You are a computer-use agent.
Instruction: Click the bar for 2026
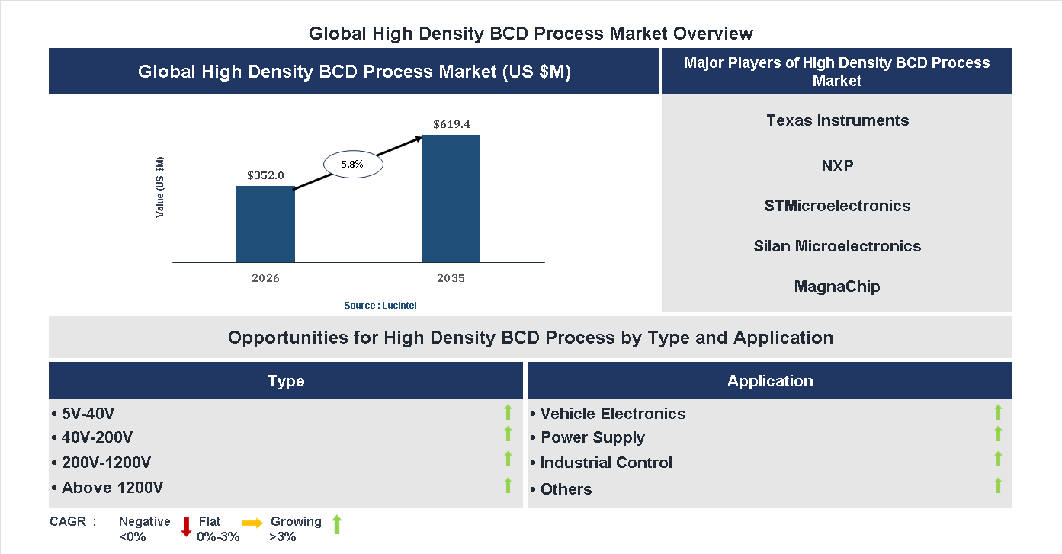(265, 224)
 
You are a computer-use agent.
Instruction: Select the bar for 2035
(451, 199)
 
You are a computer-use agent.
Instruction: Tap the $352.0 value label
(265, 175)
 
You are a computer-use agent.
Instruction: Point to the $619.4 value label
(451, 124)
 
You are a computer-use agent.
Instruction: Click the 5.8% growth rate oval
(352, 164)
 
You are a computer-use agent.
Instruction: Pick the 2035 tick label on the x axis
(451, 278)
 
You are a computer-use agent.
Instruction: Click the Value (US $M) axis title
(160, 187)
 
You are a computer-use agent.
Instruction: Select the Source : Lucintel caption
(380, 306)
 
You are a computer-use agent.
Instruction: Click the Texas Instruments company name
(837, 120)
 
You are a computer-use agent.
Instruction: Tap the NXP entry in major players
(837, 165)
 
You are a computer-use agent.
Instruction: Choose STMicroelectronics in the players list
(837, 206)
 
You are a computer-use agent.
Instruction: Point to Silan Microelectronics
(837, 246)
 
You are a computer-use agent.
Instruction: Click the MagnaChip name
(837, 287)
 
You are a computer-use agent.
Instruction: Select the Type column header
(286, 381)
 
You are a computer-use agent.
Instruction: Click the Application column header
(770, 381)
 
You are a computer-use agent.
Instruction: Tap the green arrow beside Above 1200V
(508, 485)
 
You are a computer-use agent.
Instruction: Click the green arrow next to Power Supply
(998, 434)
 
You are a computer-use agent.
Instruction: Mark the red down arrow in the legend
(186, 527)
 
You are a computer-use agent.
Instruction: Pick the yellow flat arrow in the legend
(252, 523)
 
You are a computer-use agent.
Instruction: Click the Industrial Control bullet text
(606, 463)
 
